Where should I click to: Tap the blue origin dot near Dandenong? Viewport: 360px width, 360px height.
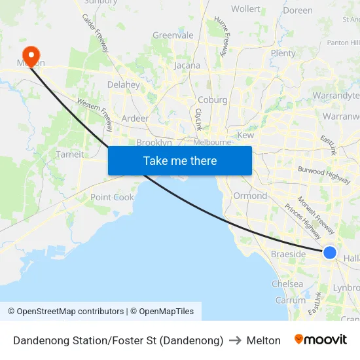click(330, 253)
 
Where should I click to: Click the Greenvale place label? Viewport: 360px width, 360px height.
click(173, 35)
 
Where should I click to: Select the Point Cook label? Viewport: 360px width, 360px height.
click(112, 197)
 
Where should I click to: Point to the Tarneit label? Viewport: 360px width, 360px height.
click(71, 154)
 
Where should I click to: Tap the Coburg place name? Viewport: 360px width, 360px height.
click(213, 100)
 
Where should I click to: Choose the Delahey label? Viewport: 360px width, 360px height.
click(123, 84)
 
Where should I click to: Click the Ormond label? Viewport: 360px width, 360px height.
click(250, 196)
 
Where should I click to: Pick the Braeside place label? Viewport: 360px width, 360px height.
click(288, 254)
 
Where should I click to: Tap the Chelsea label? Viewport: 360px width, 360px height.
click(287, 284)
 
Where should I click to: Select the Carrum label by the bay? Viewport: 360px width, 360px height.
click(291, 300)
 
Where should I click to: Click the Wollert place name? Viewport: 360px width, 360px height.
click(245, 9)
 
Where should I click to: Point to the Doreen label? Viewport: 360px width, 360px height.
click(298, 10)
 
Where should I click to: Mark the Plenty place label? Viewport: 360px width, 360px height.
click(283, 54)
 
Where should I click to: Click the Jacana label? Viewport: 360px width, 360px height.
click(187, 66)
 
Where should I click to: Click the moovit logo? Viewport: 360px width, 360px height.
click(321, 340)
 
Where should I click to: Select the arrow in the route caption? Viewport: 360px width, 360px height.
click(235, 340)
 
